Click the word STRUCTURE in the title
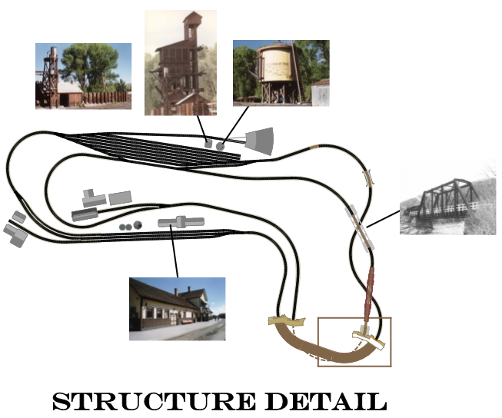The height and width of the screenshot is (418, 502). point(154,401)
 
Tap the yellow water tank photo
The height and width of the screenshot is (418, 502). point(281,73)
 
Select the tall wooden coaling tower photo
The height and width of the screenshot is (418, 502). point(181,63)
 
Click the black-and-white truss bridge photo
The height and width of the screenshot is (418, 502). point(448,197)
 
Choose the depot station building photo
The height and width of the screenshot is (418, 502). point(178,309)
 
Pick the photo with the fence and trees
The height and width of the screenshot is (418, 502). point(83,76)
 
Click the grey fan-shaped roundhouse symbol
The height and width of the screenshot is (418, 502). point(260,141)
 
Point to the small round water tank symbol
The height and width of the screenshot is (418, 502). point(221,146)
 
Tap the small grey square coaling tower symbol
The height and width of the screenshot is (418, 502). point(208,144)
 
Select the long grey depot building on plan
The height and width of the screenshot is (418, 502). point(181,222)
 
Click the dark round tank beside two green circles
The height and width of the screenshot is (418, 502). point(138,225)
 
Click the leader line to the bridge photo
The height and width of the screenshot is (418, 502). point(384,218)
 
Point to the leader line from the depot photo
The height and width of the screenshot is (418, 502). point(175,251)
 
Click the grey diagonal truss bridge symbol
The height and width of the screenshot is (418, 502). point(360,228)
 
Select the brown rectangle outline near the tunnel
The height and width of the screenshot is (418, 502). point(354,342)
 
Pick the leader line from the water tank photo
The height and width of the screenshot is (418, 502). point(236,125)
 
